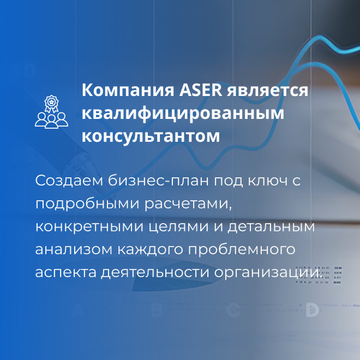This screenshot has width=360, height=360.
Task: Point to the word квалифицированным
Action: pos(183,113)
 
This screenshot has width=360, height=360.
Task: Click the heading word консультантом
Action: pos(151,136)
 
